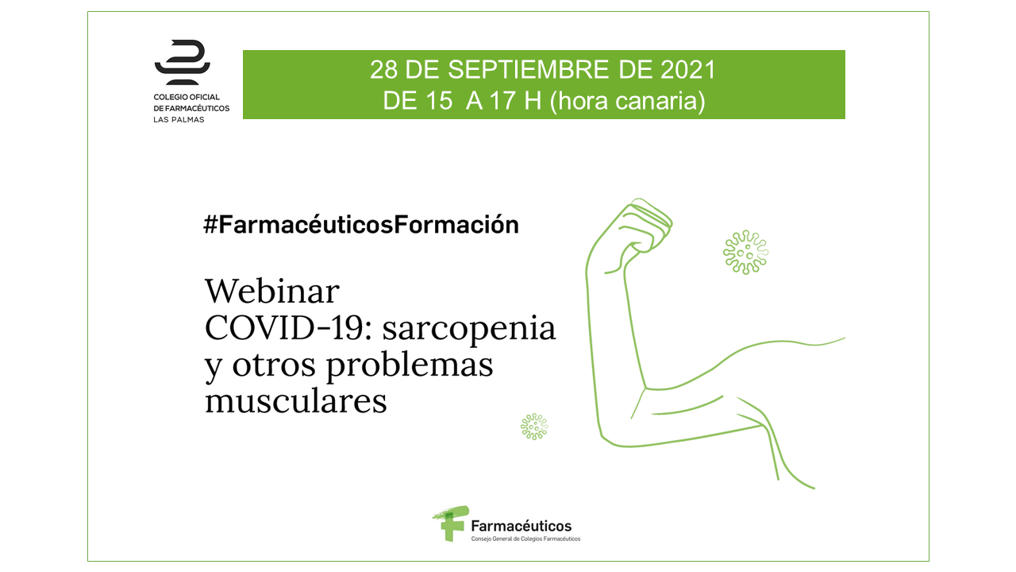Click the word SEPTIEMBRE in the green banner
point(529,70)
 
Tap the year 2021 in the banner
point(687,70)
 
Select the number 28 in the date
point(383,70)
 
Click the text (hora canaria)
point(628,101)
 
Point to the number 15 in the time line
point(439,100)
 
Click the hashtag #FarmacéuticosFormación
point(361,224)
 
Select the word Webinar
point(272,291)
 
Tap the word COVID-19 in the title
point(290,328)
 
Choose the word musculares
point(296,401)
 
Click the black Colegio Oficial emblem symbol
point(183,62)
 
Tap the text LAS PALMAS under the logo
point(179,120)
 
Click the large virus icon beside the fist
point(745,253)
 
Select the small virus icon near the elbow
point(534,427)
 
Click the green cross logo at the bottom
point(450,524)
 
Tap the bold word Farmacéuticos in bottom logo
point(521,526)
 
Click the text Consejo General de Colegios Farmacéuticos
point(525,539)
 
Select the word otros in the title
point(274,365)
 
